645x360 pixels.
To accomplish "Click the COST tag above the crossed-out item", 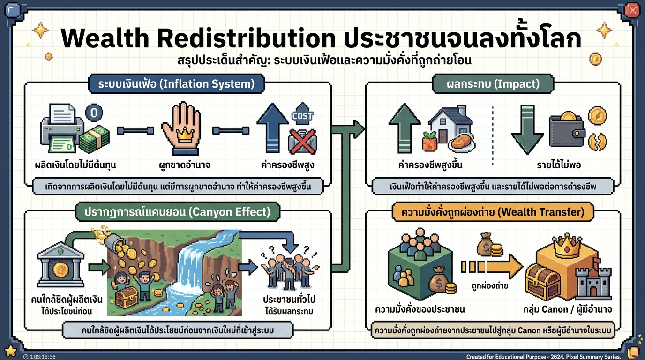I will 302,116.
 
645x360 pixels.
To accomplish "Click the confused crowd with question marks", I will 288,271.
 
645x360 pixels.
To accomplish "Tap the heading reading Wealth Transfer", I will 489,212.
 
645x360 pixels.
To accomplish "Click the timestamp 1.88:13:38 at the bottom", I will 39,357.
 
